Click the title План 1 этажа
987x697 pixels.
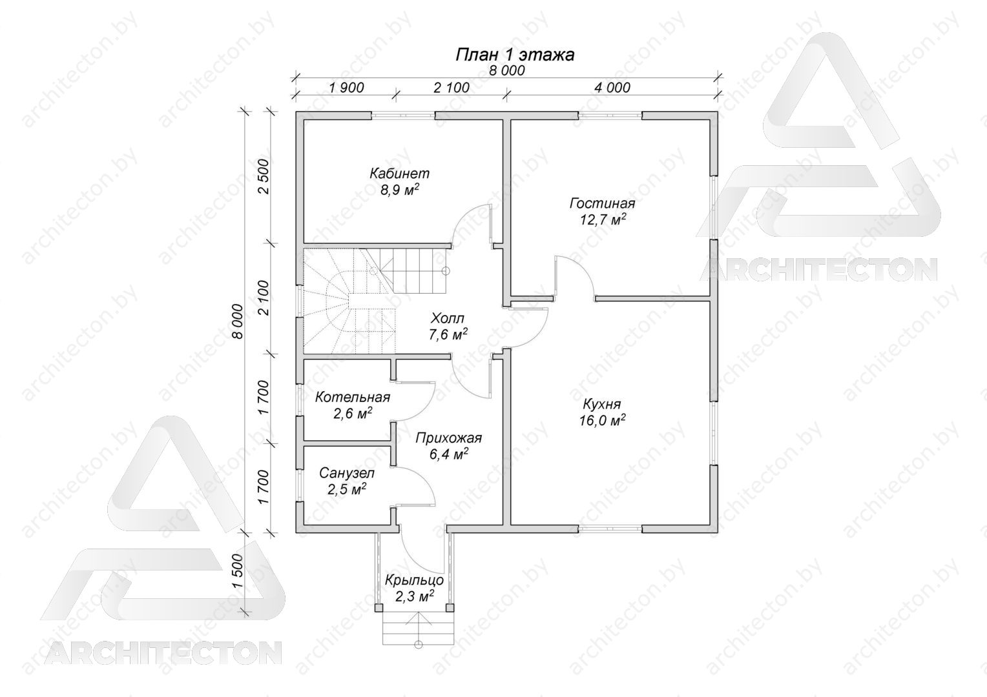[515, 55]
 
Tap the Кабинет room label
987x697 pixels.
[399, 174]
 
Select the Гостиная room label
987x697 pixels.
[602, 203]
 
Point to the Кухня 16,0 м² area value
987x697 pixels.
[602, 421]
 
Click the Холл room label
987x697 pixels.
[448, 318]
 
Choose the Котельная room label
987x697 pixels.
[353, 398]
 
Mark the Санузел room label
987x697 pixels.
[347, 473]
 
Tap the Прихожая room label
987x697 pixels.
[448, 438]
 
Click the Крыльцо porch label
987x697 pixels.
[414, 580]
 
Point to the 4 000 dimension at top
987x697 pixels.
[612, 88]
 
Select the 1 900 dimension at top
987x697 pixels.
[346, 88]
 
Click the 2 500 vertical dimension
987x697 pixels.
[264, 176]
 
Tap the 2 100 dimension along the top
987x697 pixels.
[452, 88]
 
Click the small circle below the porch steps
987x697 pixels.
[419, 645]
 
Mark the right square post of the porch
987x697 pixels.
[450, 608]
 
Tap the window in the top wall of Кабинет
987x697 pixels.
[403, 116]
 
